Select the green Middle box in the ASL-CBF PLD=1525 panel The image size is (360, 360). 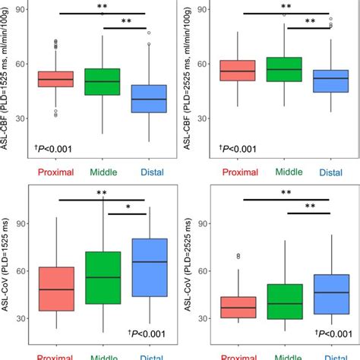pyautogui.click(x=103, y=81)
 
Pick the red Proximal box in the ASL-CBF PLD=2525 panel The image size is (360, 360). pyautogui.click(x=236, y=71)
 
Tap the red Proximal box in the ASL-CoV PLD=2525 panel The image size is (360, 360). pyautogui.click(x=236, y=307)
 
